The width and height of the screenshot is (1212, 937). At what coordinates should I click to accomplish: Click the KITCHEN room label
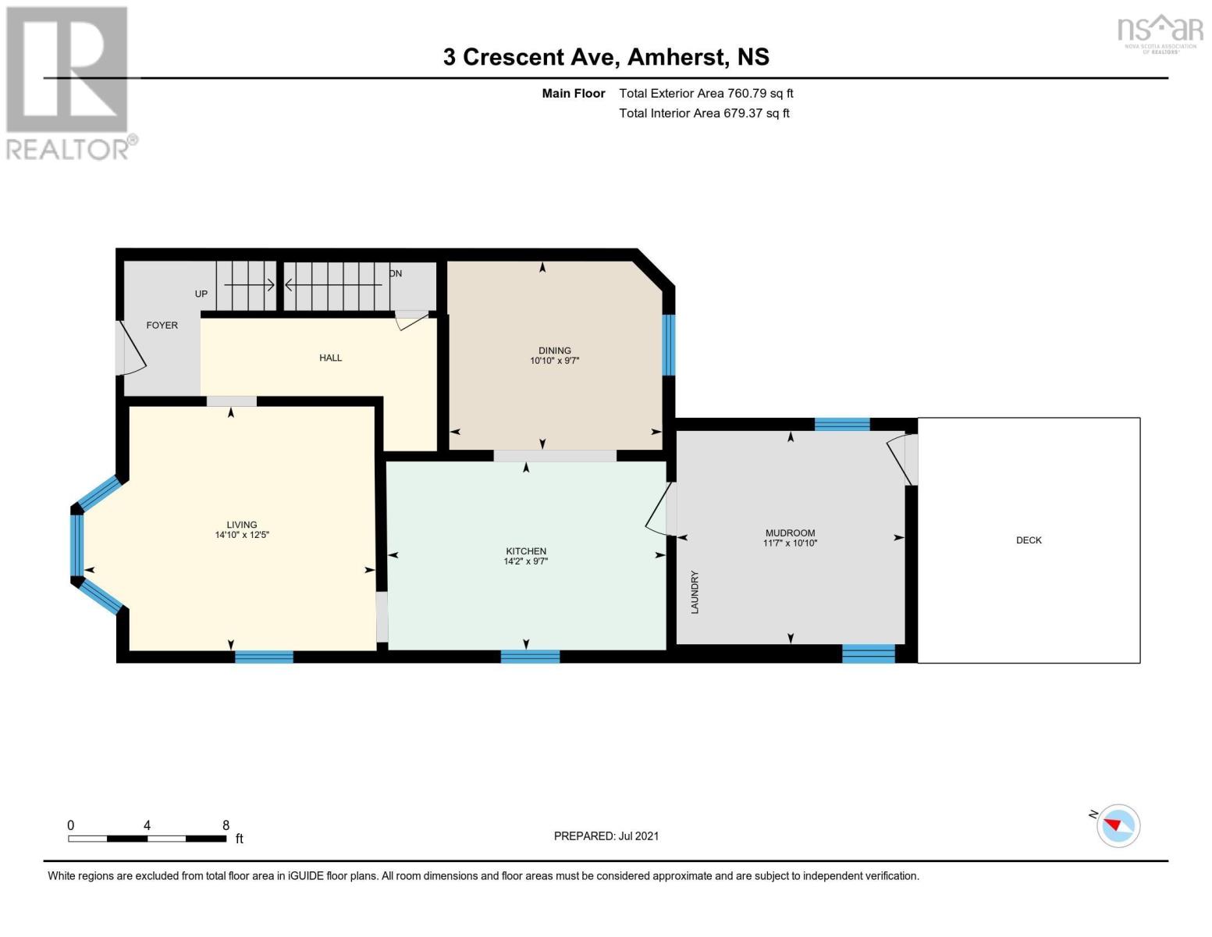coord(525,550)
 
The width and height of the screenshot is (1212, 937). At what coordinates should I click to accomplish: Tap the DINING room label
coord(554,351)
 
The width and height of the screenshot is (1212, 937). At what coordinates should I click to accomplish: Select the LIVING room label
coord(241,525)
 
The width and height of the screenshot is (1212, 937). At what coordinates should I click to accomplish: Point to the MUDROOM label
coord(790,533)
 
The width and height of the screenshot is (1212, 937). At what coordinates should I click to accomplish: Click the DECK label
coord(1029,540)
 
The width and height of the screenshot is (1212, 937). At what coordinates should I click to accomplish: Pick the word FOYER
coord(162,325)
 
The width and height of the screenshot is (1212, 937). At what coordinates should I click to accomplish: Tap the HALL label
coord(330,358)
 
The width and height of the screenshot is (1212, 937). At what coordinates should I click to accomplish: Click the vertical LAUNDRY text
coord(695,592)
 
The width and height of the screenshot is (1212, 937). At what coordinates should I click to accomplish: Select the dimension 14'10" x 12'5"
coord(242,536)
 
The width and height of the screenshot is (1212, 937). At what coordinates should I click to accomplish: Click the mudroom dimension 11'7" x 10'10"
coord(790,543)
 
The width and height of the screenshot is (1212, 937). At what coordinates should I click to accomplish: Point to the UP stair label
coord(201,294)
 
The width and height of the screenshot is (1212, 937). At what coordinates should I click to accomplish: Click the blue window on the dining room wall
coord(668,344)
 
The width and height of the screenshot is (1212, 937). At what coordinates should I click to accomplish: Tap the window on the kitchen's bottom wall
coord(530,657)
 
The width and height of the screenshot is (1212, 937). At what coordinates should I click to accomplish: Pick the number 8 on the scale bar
coord(226,825)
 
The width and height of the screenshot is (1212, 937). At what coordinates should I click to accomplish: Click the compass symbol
coord(1118,825)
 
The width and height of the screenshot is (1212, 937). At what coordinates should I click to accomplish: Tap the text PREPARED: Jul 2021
coord(606,835)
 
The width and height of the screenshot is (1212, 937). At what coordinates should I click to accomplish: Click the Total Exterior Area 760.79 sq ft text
coord(706,93)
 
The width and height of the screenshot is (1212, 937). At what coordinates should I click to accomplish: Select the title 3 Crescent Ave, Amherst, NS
coord(606,57)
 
